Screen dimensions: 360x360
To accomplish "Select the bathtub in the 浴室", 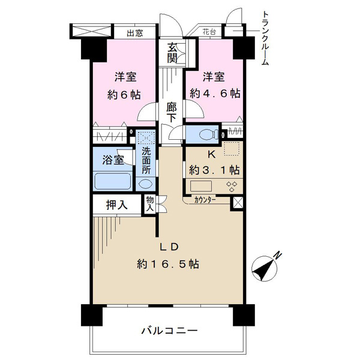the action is [x=113, y=181].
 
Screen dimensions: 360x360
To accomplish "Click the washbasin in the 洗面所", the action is [x=145, y=184].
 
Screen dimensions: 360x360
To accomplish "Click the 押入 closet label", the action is [x=116, y=205].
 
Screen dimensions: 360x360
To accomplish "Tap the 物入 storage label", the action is [x=149, y=203].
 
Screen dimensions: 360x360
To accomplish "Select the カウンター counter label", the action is [x=205, y=200].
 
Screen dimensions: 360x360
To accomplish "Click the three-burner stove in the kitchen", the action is [x=232, y=186].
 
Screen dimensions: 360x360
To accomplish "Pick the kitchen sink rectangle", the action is [x=200, y=186].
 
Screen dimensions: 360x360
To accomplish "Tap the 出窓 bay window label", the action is [x=135, y=33].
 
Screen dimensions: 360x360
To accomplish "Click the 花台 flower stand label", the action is [x=209, y=32].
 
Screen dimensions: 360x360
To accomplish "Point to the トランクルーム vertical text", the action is [x=265, y=38].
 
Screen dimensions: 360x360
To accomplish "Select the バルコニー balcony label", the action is [x=169, y=331].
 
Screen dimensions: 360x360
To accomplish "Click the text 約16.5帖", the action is [x=168, y=264].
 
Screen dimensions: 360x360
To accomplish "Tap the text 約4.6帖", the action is [x=215, y=94].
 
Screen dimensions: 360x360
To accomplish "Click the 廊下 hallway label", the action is [x=172, y=113].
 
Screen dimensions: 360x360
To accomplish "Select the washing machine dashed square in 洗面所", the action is [x=146, y=137].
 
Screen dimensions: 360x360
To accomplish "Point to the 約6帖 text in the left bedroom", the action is [x=124, y=95].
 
